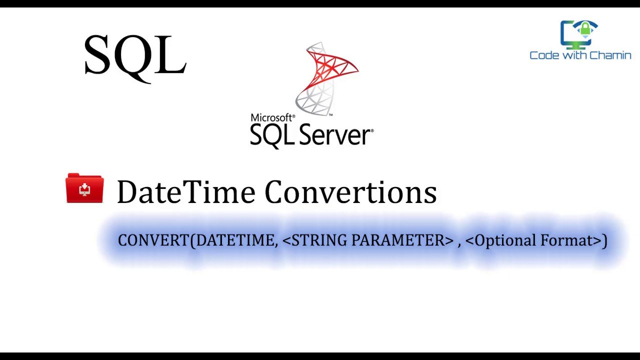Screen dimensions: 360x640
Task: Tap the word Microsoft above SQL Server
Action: point(272,118)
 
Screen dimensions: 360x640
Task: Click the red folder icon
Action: point(84,188)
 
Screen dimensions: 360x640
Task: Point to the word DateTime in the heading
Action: point(185,192)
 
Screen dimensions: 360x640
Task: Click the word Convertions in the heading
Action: point(350,192)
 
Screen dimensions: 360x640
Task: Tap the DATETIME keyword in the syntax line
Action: point(234,240)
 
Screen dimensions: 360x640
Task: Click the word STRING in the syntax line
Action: point(319,240)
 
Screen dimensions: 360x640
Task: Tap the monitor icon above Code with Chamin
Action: point(579,34)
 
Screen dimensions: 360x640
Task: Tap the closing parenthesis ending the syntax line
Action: point(605,240)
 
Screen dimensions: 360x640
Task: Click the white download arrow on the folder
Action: point(84,189)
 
